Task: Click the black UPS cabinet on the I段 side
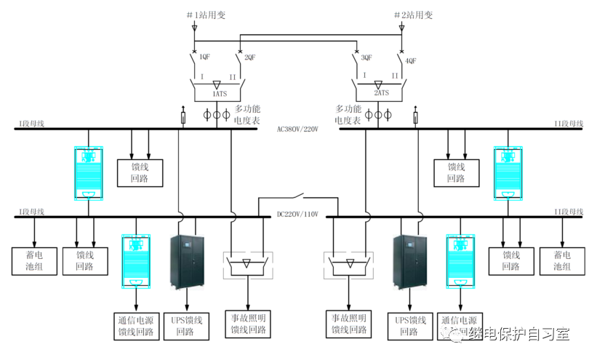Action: (188, 263)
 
